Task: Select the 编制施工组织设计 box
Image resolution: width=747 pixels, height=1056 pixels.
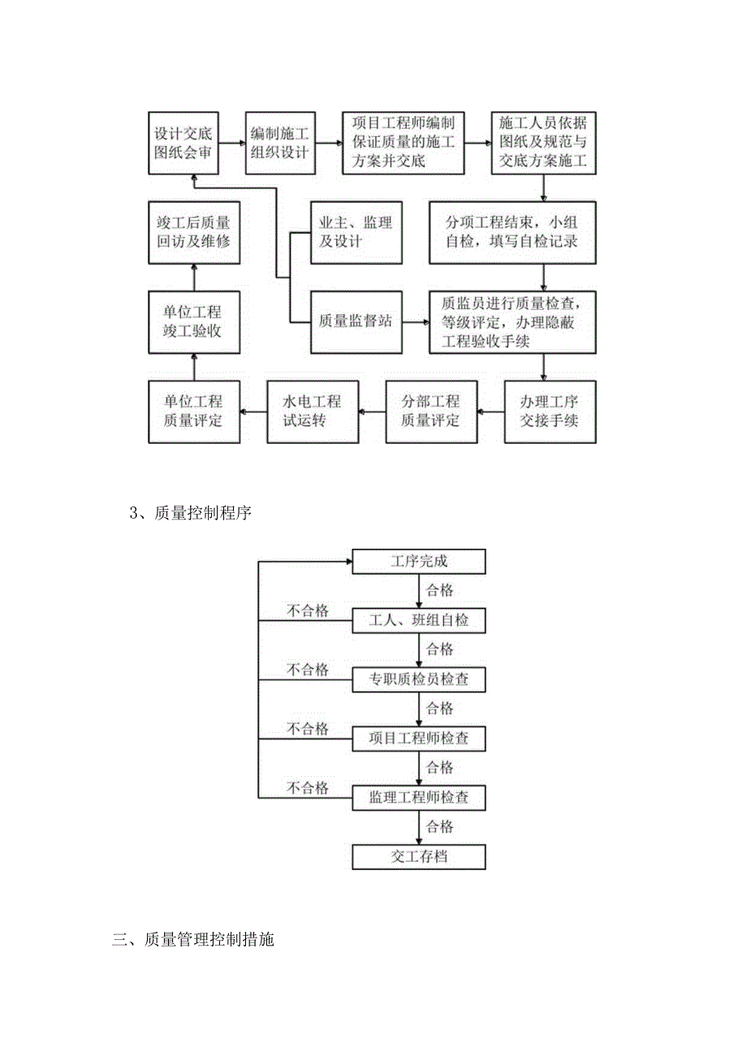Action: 280,143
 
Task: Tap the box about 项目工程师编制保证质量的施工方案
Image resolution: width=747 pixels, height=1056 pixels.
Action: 403,143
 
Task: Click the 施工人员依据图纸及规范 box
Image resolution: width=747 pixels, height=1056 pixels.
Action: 543,143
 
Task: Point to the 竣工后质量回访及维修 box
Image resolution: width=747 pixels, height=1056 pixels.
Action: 193,232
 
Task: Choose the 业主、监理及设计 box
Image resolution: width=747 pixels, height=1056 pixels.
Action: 356,232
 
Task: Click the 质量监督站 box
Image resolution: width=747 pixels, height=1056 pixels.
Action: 356,321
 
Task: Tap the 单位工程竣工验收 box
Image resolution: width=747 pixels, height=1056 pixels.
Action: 193,321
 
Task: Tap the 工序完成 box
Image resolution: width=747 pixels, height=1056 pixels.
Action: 418,562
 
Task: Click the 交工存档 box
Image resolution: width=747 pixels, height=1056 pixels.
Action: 418,857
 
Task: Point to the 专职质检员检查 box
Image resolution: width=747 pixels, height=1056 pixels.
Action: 418,679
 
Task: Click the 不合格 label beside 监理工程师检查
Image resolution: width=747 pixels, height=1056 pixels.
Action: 307,788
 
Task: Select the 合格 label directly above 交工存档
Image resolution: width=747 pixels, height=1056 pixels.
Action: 440,827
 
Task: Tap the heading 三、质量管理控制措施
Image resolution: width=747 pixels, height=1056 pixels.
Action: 193,941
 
